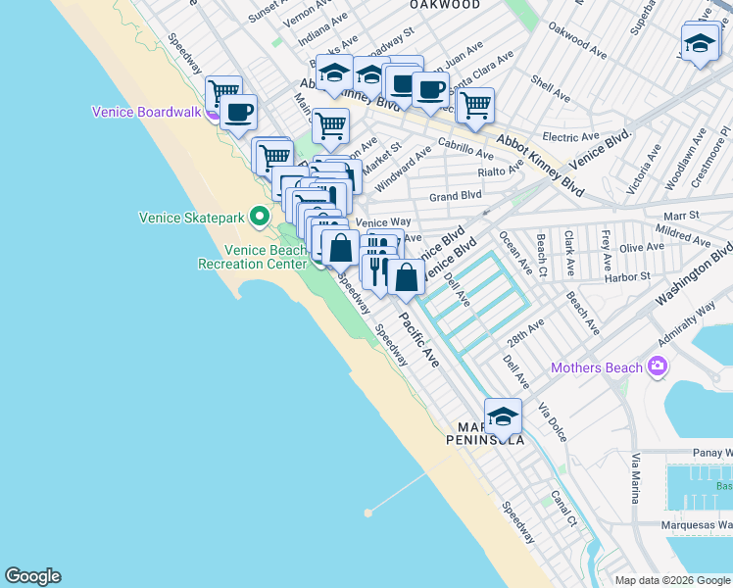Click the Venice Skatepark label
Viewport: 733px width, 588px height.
[x=193, y=218]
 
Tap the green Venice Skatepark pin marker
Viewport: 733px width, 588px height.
[x=260, y=215]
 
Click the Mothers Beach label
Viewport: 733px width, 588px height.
[x=596, y=368]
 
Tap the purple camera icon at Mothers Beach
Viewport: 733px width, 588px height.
[x=656, y=367]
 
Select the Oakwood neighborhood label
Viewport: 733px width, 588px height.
[x=446, y=5]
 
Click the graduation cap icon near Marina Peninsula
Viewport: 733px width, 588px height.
[x=503, y=416]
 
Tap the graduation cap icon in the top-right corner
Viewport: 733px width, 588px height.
[x=700, y=44]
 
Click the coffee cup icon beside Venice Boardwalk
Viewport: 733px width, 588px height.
[x=237, y=112]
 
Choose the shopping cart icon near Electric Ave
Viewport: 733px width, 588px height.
[x=475, y=105]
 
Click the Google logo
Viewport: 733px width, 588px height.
[x=32, y=576]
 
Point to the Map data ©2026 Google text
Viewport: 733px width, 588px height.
[x=671, y=580]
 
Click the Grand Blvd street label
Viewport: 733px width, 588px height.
[x=452, y=196]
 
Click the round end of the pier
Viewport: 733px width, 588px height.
[x=369, y=512]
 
